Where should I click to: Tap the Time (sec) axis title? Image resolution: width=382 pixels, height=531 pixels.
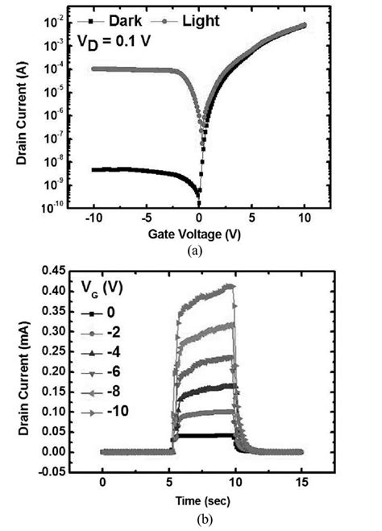201,500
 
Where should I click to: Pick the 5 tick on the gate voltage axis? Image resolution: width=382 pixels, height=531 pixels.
252,218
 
